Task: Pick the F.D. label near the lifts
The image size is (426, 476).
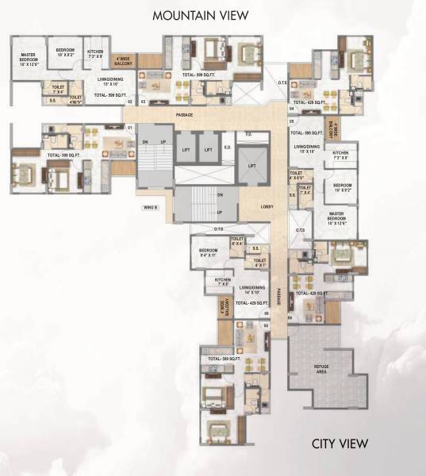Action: [x=248, y=134]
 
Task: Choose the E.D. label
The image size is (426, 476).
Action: [x=227, y=147]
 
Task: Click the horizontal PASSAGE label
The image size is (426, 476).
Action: [x=186, y=115]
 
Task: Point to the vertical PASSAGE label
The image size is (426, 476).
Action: [x=279, y=295]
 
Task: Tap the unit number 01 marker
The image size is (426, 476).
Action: [x=129, y=127]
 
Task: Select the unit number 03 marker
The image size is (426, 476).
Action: [x=143, y=102]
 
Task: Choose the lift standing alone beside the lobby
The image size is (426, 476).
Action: [x=251, y=166]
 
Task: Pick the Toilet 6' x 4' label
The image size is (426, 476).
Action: [x=236, y=241]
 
